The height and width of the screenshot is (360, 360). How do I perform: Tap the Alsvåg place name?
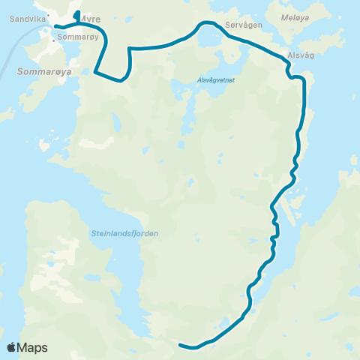tap(300, 56)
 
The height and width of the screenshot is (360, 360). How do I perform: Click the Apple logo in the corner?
tap(11, 347)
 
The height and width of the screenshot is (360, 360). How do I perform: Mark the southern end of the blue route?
tap(180, 344)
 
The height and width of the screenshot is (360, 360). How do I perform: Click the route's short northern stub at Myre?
tap(77, 15)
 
